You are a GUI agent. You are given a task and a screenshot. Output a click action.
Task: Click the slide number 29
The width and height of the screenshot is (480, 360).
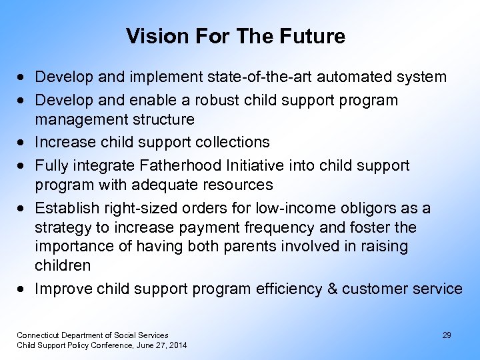(447, 335)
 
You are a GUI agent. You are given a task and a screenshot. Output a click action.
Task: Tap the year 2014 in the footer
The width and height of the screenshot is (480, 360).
(178, 345)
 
